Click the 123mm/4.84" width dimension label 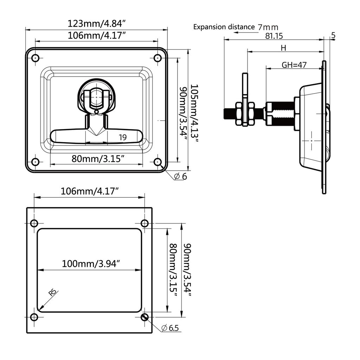pyautogui.click(x=96, y=24)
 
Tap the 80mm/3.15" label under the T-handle pyautogui.click(x=98, y=159)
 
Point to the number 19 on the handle pyautogui.click(x=122, y=137)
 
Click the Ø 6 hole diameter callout pyautogui.click(x=180, y=176)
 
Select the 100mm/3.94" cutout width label pyautogui.click(x=91, y=263)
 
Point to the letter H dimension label pyautogui.click(x=283, y=48)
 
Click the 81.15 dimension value pyautogui.click(x=274, y=36)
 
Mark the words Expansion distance pyautogui.click(x=224, y=27)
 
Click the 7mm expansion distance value pyautogui.click(x=268, y=27)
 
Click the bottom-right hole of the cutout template pyautogui.click(x=144, y=317)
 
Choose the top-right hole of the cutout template pyautogui.click(x=144, y=223)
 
